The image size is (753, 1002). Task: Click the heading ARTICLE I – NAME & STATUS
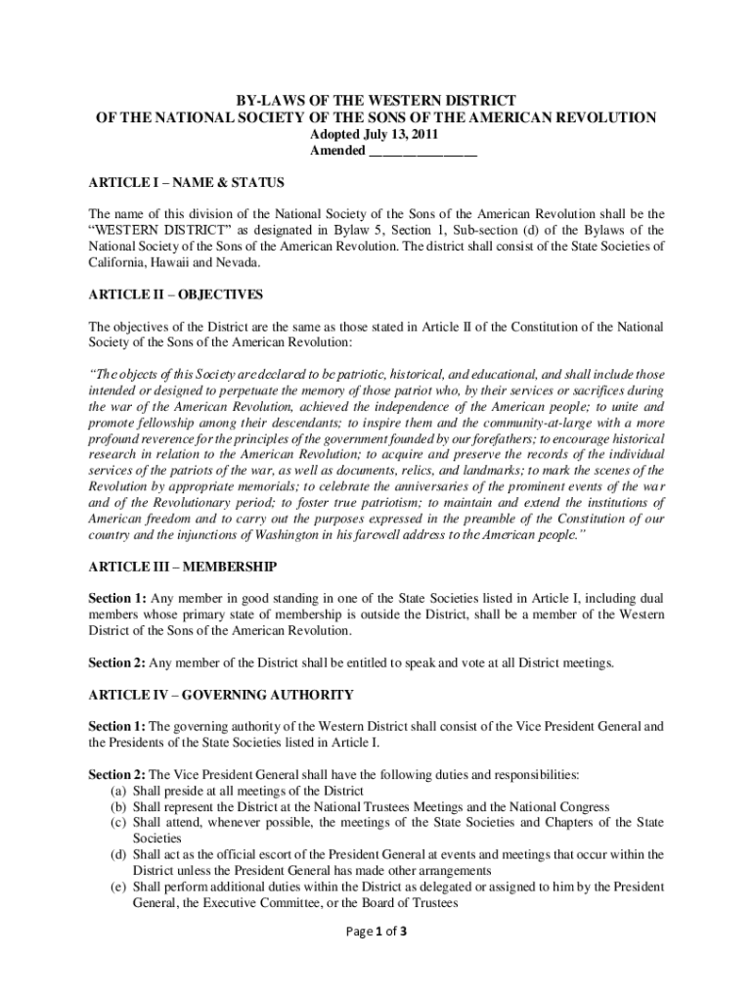coord(186,183)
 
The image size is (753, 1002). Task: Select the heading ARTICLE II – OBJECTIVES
coord(176,295)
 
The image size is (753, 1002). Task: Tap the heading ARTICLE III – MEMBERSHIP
coord(183,567)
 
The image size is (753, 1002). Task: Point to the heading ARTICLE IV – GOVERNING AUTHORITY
coord(221,695)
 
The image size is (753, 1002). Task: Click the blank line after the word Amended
coord(422,152)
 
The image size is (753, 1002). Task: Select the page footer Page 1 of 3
coord(376,931)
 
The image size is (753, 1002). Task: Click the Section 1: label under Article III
coord(117,599)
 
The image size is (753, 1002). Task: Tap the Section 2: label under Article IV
coord(117,775)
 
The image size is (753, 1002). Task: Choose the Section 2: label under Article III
coord(117,663)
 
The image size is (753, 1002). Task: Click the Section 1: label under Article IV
coord(117,727)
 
